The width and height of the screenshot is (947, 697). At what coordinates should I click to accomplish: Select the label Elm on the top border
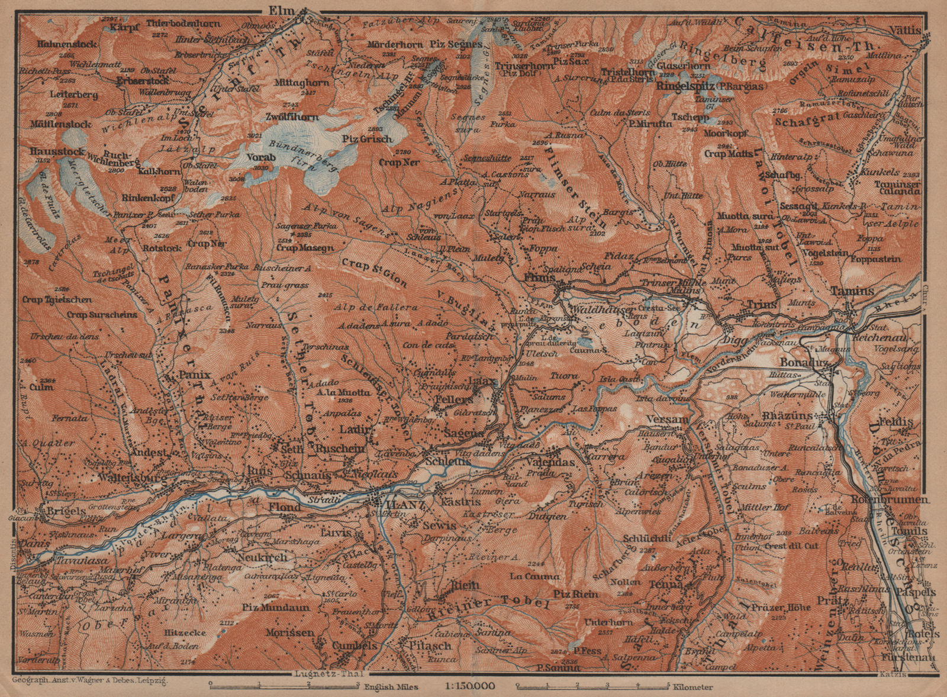[x=276, y=9]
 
